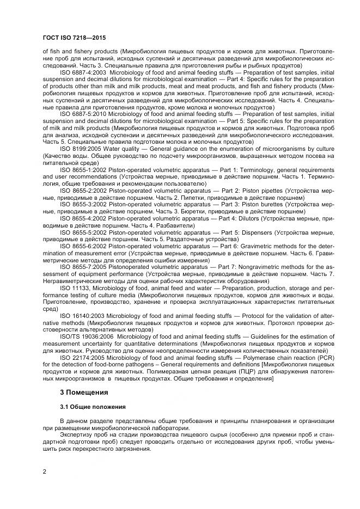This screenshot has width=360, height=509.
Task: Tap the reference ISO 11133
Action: click(x=73, y=286)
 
